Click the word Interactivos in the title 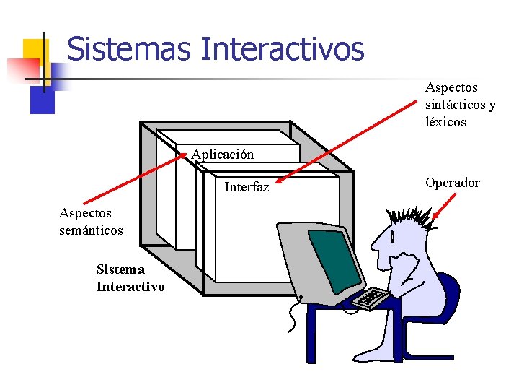[283, 50]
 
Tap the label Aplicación [223, 155]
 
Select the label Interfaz [247, 187]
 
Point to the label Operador [452, 183]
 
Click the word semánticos [91, 230]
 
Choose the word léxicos [445, 122]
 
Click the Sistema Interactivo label [130, 278]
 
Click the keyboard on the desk [371, 298]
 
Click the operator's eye [392, 234]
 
